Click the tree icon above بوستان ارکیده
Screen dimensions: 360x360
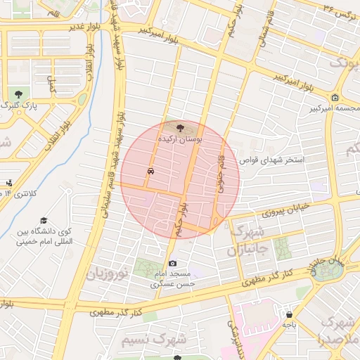pos(181,128)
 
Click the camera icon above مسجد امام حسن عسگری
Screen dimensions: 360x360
pos(172,263)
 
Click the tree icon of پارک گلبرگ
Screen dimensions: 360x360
pos(18,94)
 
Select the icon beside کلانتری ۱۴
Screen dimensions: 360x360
pos(8,184)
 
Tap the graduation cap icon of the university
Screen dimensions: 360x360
pos(44,221)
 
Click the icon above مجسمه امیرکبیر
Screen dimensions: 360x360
pos(335,98)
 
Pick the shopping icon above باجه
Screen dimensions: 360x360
pos(289,314)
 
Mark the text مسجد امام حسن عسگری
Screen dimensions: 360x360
pos(173,278)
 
